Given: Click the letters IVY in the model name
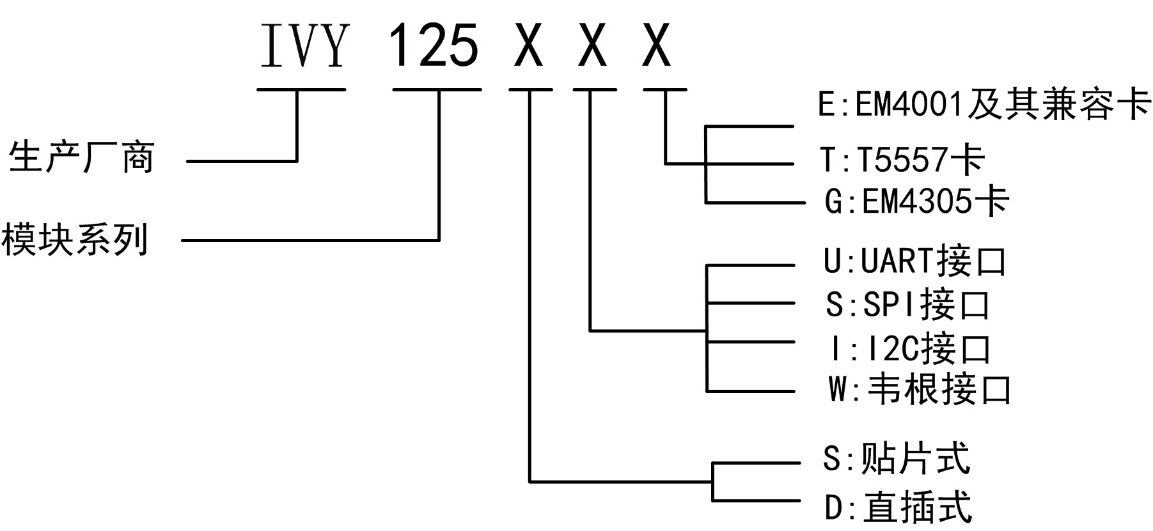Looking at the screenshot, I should coord(304,45).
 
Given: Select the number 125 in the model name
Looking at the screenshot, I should coord(434,45).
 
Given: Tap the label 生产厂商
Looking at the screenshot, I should coord(81,157).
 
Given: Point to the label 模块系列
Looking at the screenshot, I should coord(74,240).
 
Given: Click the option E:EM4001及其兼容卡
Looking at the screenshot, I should coord(984,104).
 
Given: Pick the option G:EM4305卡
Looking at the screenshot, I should coord(916,202).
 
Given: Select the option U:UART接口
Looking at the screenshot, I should coord(914,261).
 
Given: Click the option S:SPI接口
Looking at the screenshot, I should coord(907,305).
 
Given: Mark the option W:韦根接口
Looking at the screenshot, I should coord(919,389).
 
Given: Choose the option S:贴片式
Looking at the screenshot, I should coord(896,458).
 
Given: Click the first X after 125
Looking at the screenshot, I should coord(529,45).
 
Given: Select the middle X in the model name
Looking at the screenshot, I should coord(593,45).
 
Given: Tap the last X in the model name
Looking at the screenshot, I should coord(657,45).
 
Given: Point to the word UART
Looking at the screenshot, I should coord(898,261).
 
